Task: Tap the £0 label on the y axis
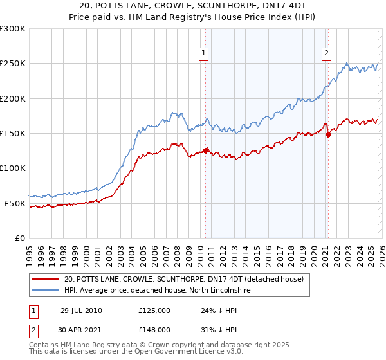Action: point(20,238)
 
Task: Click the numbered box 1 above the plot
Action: point(203,54)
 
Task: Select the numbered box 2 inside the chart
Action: point(327,54)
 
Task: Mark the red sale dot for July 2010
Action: point(206,150)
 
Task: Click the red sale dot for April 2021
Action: point(328,134)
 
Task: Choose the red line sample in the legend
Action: point(46,279)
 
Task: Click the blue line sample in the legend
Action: point(46,290)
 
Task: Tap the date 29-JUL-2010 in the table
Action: point(81,310)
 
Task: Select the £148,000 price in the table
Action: point(154,329)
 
